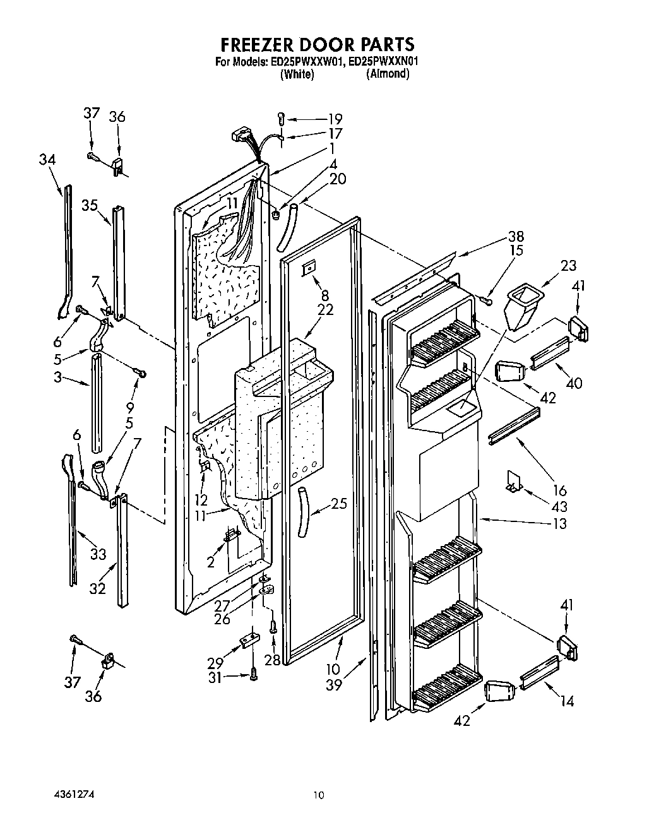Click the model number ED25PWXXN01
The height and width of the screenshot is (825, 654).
pos(383,62)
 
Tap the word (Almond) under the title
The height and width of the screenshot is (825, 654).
pos(388,74)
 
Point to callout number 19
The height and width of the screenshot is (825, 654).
pos(335,119)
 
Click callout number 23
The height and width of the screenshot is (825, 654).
pos(550,266)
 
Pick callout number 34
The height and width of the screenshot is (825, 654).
pos(47,160)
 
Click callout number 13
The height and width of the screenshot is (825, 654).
pos(559,524)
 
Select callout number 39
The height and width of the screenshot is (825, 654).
pos(335,684)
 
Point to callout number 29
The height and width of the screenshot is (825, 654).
pos(215,663)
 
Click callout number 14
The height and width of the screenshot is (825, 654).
pos(567,701)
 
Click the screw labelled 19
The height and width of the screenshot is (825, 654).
pos(282,117)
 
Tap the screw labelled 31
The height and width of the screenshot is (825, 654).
pos(254,675)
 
